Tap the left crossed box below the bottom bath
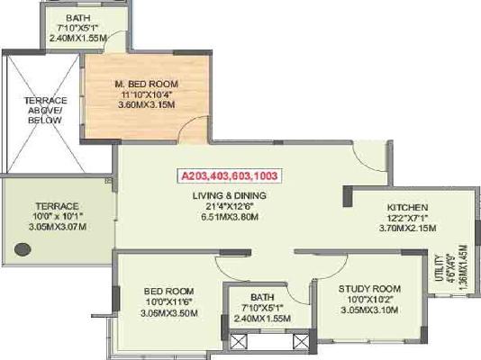(240, 342)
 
